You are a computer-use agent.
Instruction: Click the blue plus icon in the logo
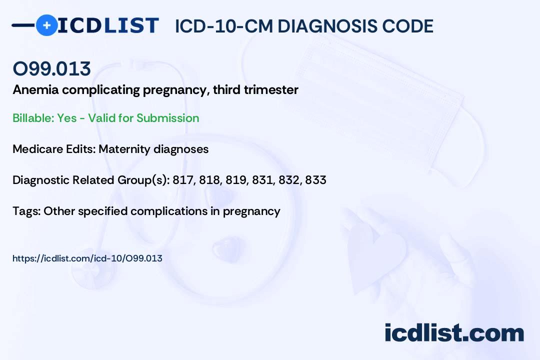point(47,25)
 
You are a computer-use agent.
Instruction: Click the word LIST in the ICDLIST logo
point(131,25)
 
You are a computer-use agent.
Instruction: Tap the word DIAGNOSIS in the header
point(322,26)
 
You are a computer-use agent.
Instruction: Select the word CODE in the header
point(403,26)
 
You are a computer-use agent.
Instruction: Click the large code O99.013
point(51,68)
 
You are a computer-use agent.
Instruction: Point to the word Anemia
point(36,89)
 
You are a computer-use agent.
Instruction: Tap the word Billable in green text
point(33,118)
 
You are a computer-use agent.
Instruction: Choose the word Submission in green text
point(167,118)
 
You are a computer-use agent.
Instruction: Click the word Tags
point(26,211)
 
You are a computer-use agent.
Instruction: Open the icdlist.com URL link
point(87,258)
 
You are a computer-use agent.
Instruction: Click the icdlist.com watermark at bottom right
point(454,333)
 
